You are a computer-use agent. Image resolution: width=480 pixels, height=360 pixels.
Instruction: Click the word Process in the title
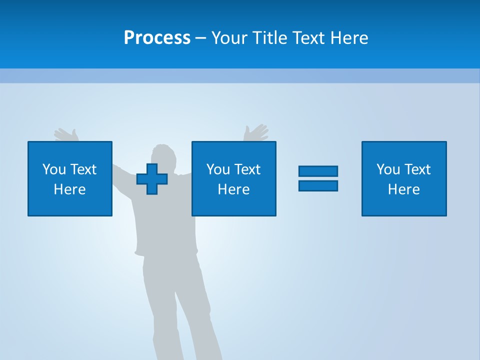coord(157,38)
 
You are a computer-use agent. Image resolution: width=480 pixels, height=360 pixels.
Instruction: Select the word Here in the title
coord(349,38)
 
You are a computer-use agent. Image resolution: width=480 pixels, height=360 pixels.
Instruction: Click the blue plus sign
coord(152,179)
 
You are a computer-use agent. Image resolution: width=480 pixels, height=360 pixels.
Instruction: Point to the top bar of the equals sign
coord(318,171)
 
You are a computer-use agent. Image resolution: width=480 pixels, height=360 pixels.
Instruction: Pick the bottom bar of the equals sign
coord(318,185)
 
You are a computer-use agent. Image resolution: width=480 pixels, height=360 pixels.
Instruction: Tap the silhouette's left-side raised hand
coord(66,134)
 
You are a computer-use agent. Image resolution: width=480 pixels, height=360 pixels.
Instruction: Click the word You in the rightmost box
coord(388,169)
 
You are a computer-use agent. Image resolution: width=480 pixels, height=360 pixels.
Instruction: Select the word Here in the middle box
coord(233,189)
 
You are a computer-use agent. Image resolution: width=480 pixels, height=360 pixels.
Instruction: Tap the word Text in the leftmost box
coord(83,169)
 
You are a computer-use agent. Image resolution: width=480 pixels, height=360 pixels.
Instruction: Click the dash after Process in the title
coord(200,38)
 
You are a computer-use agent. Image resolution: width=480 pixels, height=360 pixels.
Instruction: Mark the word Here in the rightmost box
coord(403,189)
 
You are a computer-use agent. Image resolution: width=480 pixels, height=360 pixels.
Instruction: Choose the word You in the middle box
coord(218,169)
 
